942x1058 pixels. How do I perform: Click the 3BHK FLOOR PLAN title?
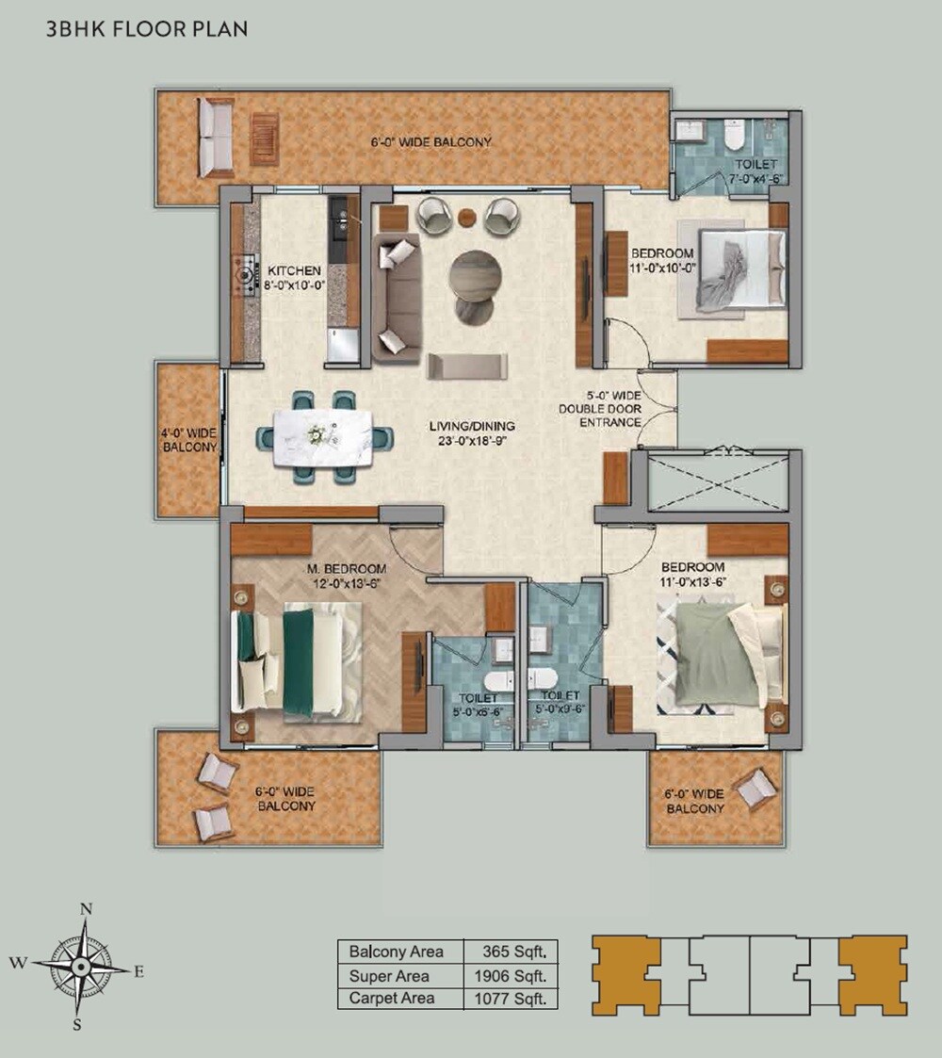click(x=147, y=29)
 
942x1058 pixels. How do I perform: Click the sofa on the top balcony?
click(x=215, y=138)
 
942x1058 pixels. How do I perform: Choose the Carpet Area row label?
click(x=391, y=998)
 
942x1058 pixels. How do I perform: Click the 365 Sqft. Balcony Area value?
click(x=513, y=952)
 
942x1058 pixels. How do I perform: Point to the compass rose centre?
click(x=84, y=967)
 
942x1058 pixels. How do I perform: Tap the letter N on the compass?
click(x=86, y=909)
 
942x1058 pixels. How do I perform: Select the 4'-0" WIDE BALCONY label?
click(x=188, y=440)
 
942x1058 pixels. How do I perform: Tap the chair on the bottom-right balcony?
click(x=755, y=788)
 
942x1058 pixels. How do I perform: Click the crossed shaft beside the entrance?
click(x=719, y=482)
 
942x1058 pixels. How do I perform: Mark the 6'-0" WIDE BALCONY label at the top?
click(x=431, y=142)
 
